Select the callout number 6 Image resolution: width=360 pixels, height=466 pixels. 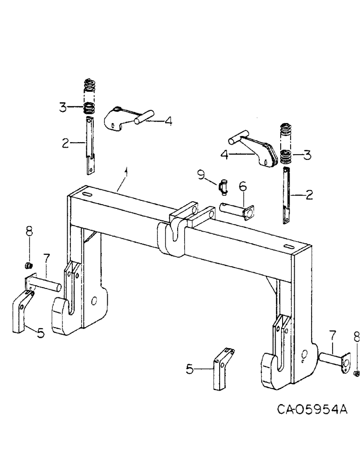[x=242, y=186]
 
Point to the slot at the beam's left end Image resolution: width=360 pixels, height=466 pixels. [x=87, y=193]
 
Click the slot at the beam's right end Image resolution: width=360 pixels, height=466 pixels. [x=288, y=246]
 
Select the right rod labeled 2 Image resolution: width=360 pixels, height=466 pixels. [x=287, y=196]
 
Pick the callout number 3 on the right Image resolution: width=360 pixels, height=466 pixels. [x=307, y=154]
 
